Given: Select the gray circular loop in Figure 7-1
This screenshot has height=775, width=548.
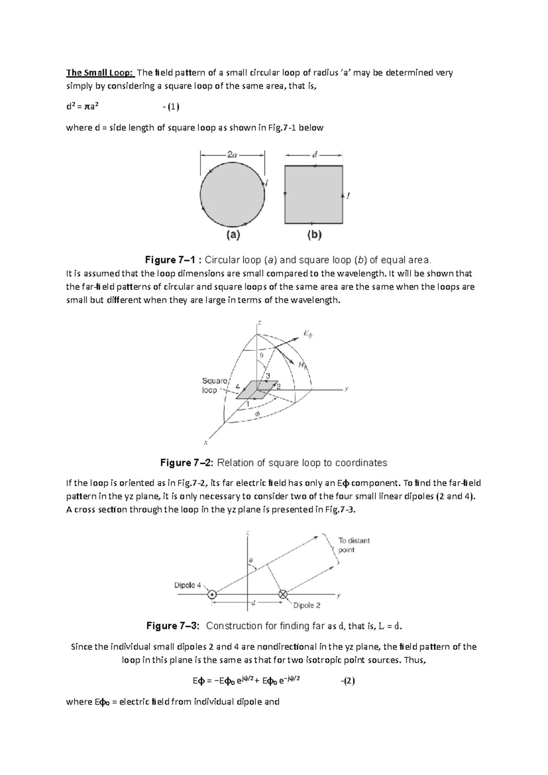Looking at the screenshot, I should (x=232, y=195).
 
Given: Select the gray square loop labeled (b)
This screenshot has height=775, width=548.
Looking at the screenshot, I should (x=313, y=195).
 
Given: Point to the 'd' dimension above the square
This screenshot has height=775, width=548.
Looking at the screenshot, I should (x=314, y=154).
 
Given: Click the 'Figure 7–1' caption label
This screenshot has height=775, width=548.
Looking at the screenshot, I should (x=173, y=260).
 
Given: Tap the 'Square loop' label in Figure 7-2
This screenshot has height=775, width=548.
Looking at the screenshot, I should (x=215, y=385).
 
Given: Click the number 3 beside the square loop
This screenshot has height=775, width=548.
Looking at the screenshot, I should (x=268, y=376).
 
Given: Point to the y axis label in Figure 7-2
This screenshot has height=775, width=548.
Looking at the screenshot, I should (x=347, y=389).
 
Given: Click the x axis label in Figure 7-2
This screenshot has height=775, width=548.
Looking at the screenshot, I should (x=206, y=442).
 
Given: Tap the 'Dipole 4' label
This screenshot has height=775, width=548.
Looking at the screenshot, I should (x=188, y=585).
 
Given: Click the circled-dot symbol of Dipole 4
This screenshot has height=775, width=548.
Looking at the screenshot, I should (x=211, y=595).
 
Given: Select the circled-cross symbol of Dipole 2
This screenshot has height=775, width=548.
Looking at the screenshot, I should (x=283, y=595).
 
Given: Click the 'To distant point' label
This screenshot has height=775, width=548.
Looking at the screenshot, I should (x=353, y=545).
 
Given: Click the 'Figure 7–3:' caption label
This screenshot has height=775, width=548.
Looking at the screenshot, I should (x=173, y=626).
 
